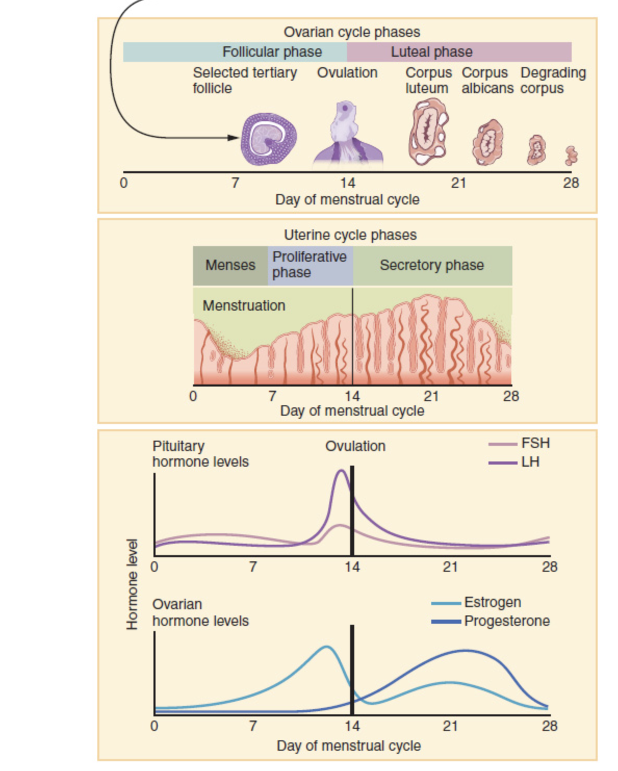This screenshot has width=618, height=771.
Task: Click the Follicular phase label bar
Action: click(235, 52)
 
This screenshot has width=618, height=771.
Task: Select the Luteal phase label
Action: click(431, 52)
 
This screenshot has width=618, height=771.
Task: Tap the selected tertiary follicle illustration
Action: click(268, 139)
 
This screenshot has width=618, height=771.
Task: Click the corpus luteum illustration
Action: click(429, 132)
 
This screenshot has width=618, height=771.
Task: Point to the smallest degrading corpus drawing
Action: click(571, 156)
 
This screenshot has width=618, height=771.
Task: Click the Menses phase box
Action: click(230, 265)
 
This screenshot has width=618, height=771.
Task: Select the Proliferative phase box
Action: click(310, 265)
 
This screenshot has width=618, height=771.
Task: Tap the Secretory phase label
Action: click(432, 265)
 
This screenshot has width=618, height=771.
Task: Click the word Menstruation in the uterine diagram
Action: click(244, 305)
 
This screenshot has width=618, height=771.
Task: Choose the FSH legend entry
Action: click(519, 443)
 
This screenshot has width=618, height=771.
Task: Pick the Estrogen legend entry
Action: click(476, 602)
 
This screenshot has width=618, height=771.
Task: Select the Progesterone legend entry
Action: click(491, 621)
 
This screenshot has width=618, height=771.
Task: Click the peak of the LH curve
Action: click(341, 471)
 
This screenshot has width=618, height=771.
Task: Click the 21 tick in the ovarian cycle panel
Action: click(459, 183)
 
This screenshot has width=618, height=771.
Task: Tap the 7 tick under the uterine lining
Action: click(272, 396)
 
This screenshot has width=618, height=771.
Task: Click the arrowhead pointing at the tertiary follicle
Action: click(233, 137)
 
